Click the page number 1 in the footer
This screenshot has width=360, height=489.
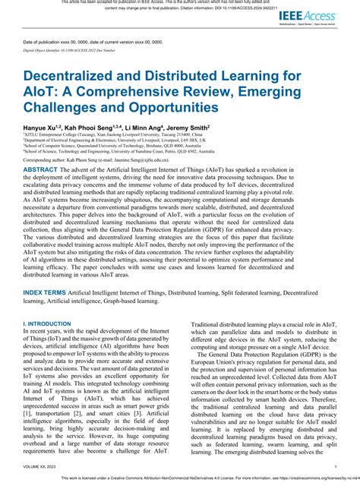pyautogui.click(x=335, y=468)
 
